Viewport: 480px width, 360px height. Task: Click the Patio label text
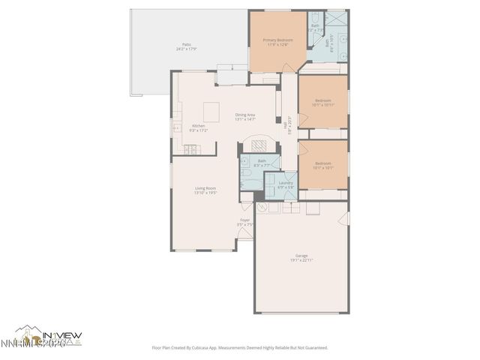click(x=184, y=47)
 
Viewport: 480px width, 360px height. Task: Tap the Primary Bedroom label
click(x=277, y=41)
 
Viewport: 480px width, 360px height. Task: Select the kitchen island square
click(x=211, y=110)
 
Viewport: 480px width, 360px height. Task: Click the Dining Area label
click(x=245, y=117)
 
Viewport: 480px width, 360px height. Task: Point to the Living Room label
click(x=205, y=190)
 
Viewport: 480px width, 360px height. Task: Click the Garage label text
click(x=301, y=257)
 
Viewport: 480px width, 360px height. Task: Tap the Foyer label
click(x=244, y=221)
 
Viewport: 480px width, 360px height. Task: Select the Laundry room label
click(x=286, y=184)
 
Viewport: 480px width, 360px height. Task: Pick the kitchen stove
click(x=191, y=150)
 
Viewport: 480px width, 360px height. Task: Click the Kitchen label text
click(x=199, y=128)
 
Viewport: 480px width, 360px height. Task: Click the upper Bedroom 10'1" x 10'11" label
click(x=322, y=102)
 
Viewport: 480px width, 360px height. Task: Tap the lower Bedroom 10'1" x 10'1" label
click(x=322, y=165)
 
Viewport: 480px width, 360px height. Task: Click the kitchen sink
click(x=178, y=129)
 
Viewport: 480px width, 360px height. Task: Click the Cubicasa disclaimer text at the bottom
click(x=240, y=348)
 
